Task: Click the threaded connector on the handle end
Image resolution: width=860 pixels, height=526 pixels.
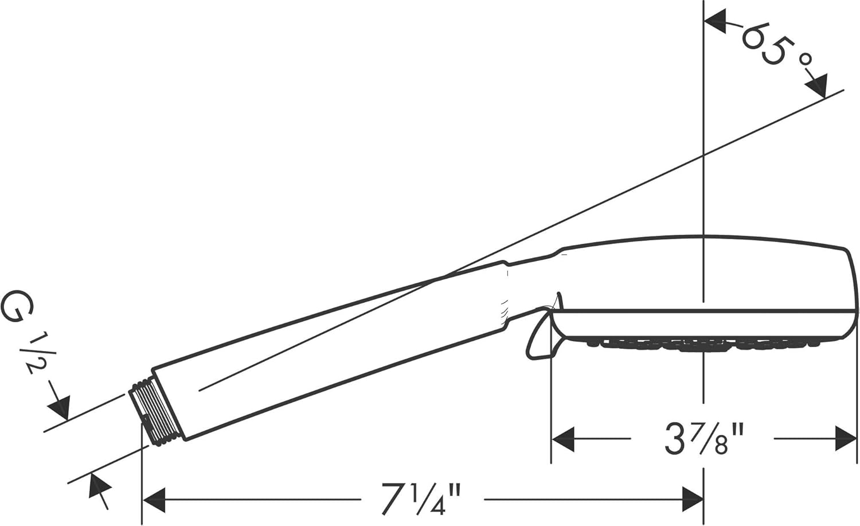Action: point(151,413)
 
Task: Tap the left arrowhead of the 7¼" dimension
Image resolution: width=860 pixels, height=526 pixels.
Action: point(154,500)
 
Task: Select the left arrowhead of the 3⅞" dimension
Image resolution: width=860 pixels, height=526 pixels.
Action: point(562,438)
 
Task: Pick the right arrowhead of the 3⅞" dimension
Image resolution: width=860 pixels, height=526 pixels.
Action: point(846,438)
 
